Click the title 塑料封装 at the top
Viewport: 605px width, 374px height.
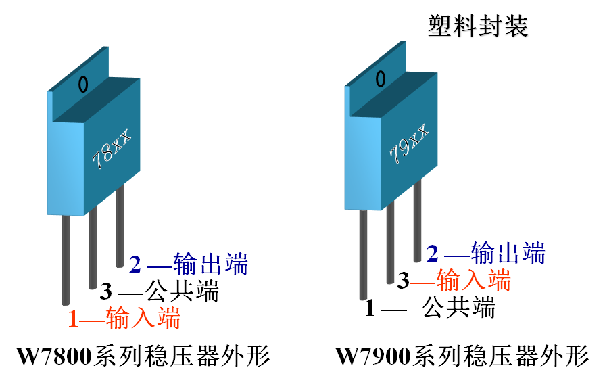pyautogui.click(x=478, y=26)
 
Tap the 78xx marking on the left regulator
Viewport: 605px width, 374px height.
pyautogui.click(x=112, y=149)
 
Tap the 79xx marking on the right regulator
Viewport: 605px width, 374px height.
pyautogui.click(x=410, y=143)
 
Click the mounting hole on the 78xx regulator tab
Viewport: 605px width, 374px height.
pyautogui.click(x=83, y=84)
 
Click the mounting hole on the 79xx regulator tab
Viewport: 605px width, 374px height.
pyautogui.click(x=381, y=78)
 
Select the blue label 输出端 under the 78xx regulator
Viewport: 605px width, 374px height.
pyautogui.click(x=211, y=264)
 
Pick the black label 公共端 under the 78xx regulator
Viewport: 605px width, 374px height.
pyautogui.click(x=182, y=291)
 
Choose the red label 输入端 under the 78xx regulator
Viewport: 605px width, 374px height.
pyautogui.click(x=143, y=318)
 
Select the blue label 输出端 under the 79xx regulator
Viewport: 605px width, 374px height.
pyautogui.click(x=508, y=253)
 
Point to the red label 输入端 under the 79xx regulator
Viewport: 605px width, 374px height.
pyautogui.click(x=473, y=280)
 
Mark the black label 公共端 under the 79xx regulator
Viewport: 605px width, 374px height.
pyautogui.click(x=458, y=308)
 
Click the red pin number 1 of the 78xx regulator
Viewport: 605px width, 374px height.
pyautogui.click(x=73, y=319)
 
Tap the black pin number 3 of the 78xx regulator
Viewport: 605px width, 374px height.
pyautogui.click(x=106, y=291)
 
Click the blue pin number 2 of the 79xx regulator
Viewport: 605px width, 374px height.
pyautogui.click(x=433, y=254)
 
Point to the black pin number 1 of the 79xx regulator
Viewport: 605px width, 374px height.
pyautogui.click(x=370, y=308)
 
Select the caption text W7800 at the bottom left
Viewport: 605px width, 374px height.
pyautogui.click(x=54, y=356)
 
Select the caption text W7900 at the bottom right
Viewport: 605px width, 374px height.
pyautogui.click(x=372, y=356)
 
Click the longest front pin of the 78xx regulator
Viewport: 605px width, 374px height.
pyautogui.click(x=66, y=260)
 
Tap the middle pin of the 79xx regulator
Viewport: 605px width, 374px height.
pyautogui.click(x=390, y=242)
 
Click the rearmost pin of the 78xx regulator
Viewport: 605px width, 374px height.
pyautogui.click(x=120, y=226)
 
